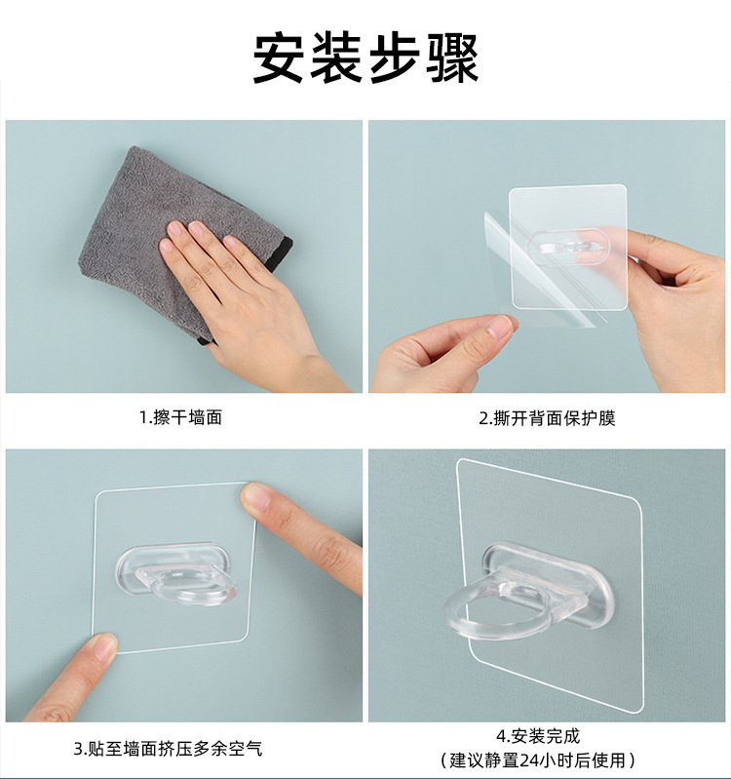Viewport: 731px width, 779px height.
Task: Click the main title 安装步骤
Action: pos(366,58)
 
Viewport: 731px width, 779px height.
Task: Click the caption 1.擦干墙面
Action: pos(180,417)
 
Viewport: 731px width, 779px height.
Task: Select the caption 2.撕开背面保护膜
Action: pos(547,418)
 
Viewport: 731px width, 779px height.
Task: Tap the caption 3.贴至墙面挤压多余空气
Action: pos(168,748)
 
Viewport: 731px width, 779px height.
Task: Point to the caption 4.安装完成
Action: pos(538,736)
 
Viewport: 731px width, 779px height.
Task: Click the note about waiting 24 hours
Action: pos(538,760)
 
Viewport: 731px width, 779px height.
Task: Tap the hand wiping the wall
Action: pos(249,303)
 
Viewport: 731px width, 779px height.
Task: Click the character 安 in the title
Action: pos(278,58)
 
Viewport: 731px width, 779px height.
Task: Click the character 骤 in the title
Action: pos(453,58)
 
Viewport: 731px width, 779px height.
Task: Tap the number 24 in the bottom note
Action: pos(530,760)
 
